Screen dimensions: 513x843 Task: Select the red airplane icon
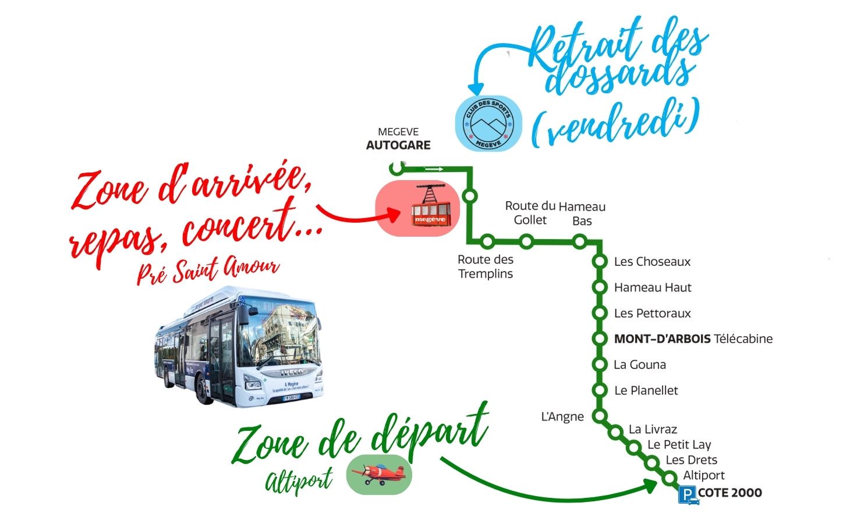tap(379, 474)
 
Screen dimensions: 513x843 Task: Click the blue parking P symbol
tap(688, 494)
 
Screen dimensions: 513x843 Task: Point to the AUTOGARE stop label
tap(398, 145)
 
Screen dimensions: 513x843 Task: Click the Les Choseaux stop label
tap(652, 262)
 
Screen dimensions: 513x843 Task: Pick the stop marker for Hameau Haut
tap(599, 287)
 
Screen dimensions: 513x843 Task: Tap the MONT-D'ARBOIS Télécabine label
tap(693, 339)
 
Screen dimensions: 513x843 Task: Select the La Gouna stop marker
tap(599, 365)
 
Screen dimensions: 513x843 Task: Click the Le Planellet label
tap(646, 391)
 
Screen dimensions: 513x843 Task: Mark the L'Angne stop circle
tap(599, 416)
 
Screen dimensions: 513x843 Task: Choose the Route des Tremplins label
tap(486, 266)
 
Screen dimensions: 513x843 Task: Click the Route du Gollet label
tap(530, 213)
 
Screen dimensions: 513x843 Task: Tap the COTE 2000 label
tap(730, 493)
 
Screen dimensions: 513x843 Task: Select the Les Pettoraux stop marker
tap(599, 313)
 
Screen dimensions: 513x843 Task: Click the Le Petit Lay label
tap(679, 445)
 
